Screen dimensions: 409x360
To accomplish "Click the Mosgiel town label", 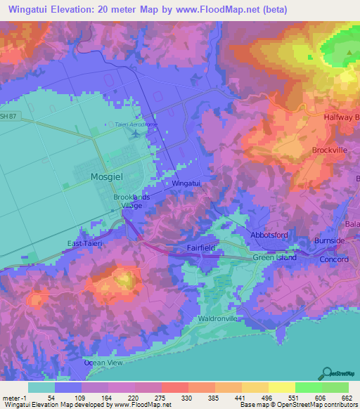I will coord(107,178).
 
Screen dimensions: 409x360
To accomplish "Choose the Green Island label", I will coord(275,257).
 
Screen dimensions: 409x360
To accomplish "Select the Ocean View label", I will coord(103,363).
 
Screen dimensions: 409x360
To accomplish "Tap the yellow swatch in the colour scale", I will coord(282,387).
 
